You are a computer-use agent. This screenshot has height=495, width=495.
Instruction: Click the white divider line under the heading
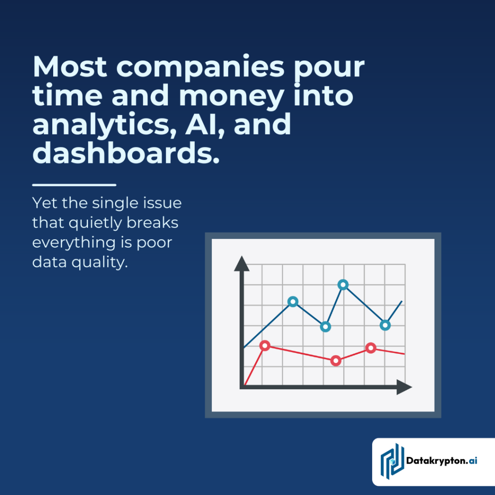(x=74, y=185)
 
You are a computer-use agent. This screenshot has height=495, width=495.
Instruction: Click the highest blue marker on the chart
(x=343, y=285)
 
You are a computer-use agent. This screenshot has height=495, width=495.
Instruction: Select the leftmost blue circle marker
(x=292, y=302)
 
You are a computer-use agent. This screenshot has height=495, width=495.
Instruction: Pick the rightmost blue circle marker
(x=385, y=325)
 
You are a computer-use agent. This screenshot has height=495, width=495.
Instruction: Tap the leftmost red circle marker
(x=264, y=345)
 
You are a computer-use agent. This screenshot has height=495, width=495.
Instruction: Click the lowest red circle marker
(x=336, y=361)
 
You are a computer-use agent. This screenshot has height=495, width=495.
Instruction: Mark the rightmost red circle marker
(x=371, y=348)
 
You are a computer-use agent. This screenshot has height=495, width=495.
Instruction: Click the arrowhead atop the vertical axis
(x=241, y=264)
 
